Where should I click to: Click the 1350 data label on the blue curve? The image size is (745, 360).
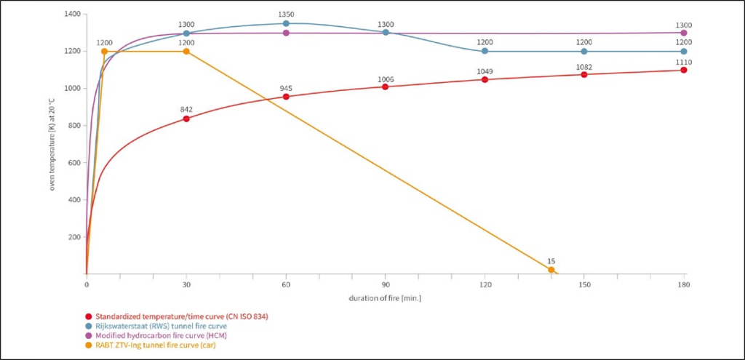tap(286, 15)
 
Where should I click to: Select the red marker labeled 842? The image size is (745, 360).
tap(186, 119)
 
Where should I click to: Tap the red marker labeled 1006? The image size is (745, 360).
tap(386, 87)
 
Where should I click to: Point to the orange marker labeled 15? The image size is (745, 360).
tap(551, 270)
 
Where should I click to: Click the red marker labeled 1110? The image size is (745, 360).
tap(684, 70)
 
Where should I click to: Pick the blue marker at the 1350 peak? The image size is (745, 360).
tap(286, 23)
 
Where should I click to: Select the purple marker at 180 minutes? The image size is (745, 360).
tap(684, 33)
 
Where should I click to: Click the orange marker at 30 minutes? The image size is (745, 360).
tap(186, 52)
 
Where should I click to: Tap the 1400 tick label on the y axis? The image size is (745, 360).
tap(72, 15)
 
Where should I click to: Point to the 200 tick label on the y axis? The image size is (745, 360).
tap(74, 237)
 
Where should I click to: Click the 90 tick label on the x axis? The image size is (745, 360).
tap(386, 285)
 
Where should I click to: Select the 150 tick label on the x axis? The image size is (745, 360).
tap(584, 285)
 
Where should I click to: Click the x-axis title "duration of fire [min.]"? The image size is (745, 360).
tap(385, 298)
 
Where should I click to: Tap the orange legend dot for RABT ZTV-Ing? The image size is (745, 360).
tap(89, 345)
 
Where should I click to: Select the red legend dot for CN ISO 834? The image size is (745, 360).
tap(89, 316)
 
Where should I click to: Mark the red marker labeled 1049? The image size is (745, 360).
tap(485, 79)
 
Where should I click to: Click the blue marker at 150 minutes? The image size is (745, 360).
tap(584, 51)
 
